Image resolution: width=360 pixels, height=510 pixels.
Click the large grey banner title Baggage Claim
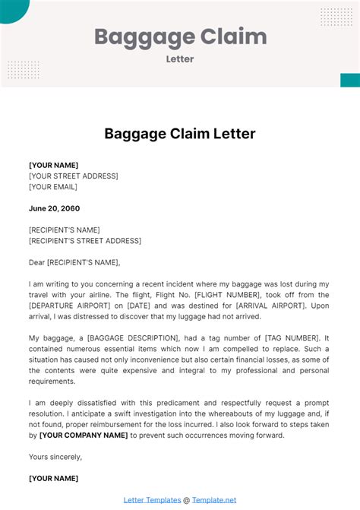[x=180, y=36]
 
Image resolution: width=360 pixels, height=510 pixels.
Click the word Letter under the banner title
[x=180, y=58]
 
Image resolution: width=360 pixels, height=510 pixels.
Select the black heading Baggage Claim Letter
[x=180, y=134]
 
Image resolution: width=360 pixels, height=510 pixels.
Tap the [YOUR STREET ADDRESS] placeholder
[x=73, y=176]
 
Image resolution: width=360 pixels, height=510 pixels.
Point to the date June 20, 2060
[x=54, y=208]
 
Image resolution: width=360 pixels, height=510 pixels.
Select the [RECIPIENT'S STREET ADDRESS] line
[x=84, y=241]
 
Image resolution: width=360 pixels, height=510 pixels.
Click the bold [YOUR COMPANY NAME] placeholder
[x=83, y=436]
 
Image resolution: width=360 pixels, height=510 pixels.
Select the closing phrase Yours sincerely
[x=55, y=457]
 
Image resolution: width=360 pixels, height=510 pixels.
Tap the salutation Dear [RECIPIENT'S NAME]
[x=74, y=262]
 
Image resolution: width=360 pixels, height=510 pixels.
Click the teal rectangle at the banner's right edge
[x=350, y=80]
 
